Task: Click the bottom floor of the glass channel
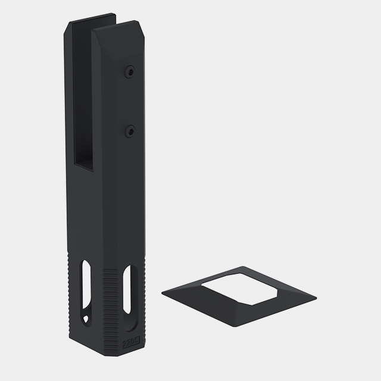84,167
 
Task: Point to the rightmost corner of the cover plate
316,298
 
